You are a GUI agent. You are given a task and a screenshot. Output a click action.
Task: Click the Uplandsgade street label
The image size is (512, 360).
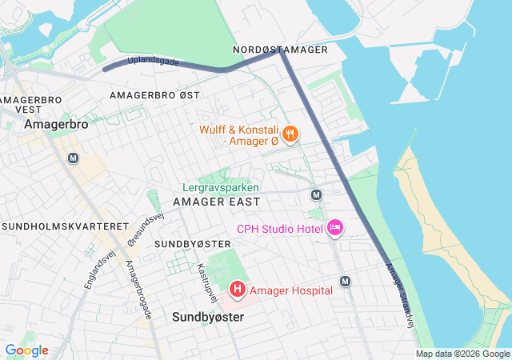153,62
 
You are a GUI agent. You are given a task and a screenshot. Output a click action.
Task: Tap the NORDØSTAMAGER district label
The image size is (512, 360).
280,50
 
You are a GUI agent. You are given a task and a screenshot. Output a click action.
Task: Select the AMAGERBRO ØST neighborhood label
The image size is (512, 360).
154,95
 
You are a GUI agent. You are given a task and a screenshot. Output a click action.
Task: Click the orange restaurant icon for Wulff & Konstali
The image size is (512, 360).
290,134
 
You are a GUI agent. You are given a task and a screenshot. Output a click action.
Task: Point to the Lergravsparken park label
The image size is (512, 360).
221,187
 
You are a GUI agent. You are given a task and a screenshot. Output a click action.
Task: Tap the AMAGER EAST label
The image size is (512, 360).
216,202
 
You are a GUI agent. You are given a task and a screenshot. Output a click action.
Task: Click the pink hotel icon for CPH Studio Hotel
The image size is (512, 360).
335,229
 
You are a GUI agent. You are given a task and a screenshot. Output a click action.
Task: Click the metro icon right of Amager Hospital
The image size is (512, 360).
345,282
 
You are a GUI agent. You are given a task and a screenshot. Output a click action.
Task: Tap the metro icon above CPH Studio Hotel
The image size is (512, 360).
316,194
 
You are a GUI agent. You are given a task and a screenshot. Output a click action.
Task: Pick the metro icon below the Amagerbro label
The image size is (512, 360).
74,158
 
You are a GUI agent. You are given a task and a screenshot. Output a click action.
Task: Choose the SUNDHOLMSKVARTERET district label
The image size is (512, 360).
66,227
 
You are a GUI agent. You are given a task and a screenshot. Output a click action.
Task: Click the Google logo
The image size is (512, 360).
26,350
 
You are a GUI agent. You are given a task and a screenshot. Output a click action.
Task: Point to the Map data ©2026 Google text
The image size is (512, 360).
462,354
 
